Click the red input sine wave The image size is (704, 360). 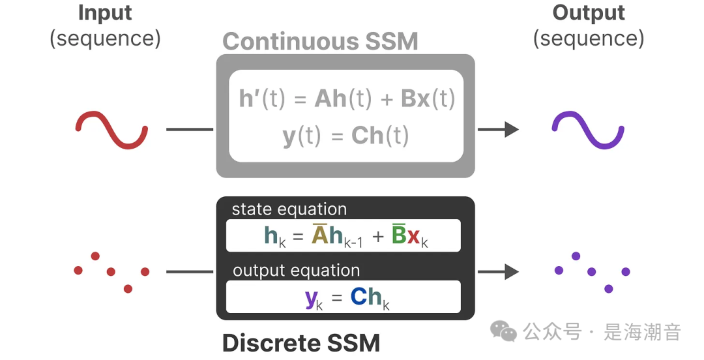point(111,129)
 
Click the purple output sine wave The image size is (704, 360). point(588,129)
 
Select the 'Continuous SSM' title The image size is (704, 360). point(320,42)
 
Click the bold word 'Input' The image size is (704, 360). point(105,13)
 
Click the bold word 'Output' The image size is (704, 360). point(588,13)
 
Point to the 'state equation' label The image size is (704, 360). point(289,209)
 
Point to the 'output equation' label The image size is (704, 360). point(296,271)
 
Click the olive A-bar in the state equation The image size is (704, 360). point(319,235)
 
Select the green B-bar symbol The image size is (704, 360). point(399,235)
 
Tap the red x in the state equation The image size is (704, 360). point(414,236)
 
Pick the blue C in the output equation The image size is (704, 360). point(359,297)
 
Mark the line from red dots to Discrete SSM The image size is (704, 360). point(190,272)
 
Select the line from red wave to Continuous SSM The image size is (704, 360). point(190,129)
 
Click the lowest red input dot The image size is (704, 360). point(128,288)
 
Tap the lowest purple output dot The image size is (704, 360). point(609,288)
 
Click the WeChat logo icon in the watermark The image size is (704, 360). point(503,332)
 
